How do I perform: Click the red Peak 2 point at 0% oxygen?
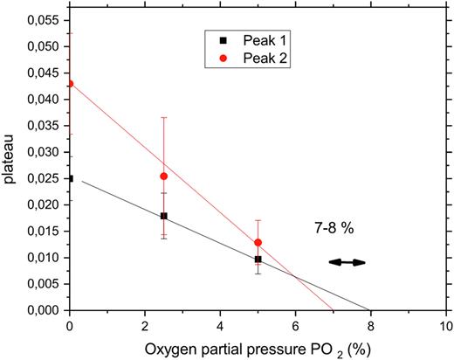coord(71,84)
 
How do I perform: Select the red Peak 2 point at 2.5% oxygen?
coord(164,176)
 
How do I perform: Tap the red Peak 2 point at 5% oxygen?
coord(258,242)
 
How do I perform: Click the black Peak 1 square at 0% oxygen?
coord(71,178)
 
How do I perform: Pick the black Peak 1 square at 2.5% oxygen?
coord(164,216)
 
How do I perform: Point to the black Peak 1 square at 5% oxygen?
coord(258,260)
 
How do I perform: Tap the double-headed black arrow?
coord(347,261)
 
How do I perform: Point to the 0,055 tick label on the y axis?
coord(39,18)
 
